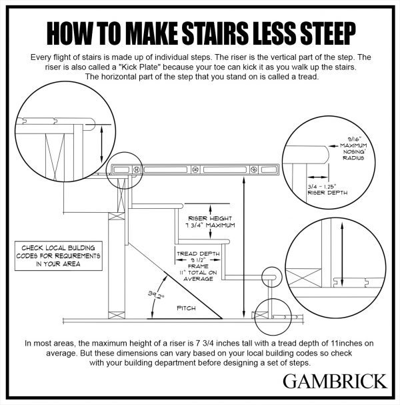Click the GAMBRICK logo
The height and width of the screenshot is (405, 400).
[335, 381]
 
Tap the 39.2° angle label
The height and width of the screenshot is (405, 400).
[156, 295]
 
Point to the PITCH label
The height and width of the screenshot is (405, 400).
[186, 308]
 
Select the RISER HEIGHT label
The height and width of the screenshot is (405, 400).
[210, 219]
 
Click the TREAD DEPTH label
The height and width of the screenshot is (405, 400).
[198, 254]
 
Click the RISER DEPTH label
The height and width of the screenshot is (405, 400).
[327, 193]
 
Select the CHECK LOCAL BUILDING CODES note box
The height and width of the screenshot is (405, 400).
[59, 256]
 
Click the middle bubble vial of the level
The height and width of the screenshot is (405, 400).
[195, 169]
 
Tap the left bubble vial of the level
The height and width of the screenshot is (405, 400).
[137, 169]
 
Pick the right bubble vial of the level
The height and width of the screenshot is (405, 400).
[254, 169]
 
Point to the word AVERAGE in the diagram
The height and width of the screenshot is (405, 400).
[198, 279]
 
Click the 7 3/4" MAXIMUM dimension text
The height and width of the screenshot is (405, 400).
[210, 226]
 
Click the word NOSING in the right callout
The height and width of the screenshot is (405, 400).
[353, 152]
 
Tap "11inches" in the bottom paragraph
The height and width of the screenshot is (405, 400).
[345, 344]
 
